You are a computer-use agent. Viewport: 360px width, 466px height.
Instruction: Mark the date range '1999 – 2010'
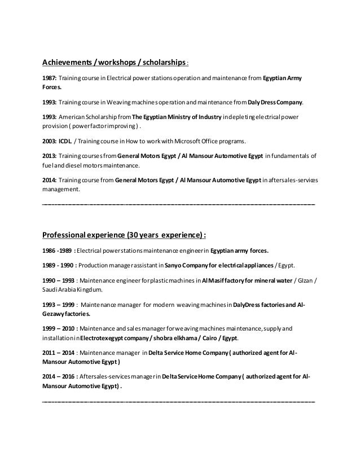click(x=59, y=328)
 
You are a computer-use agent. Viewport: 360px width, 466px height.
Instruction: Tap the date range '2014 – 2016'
click(x=59, y=376)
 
